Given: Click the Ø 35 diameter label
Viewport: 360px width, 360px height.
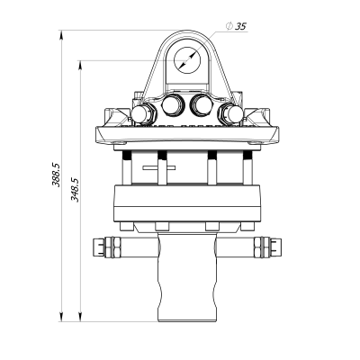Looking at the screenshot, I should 238,28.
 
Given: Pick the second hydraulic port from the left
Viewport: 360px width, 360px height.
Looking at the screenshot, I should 171,107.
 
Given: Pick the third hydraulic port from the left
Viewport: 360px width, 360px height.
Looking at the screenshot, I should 202,107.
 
